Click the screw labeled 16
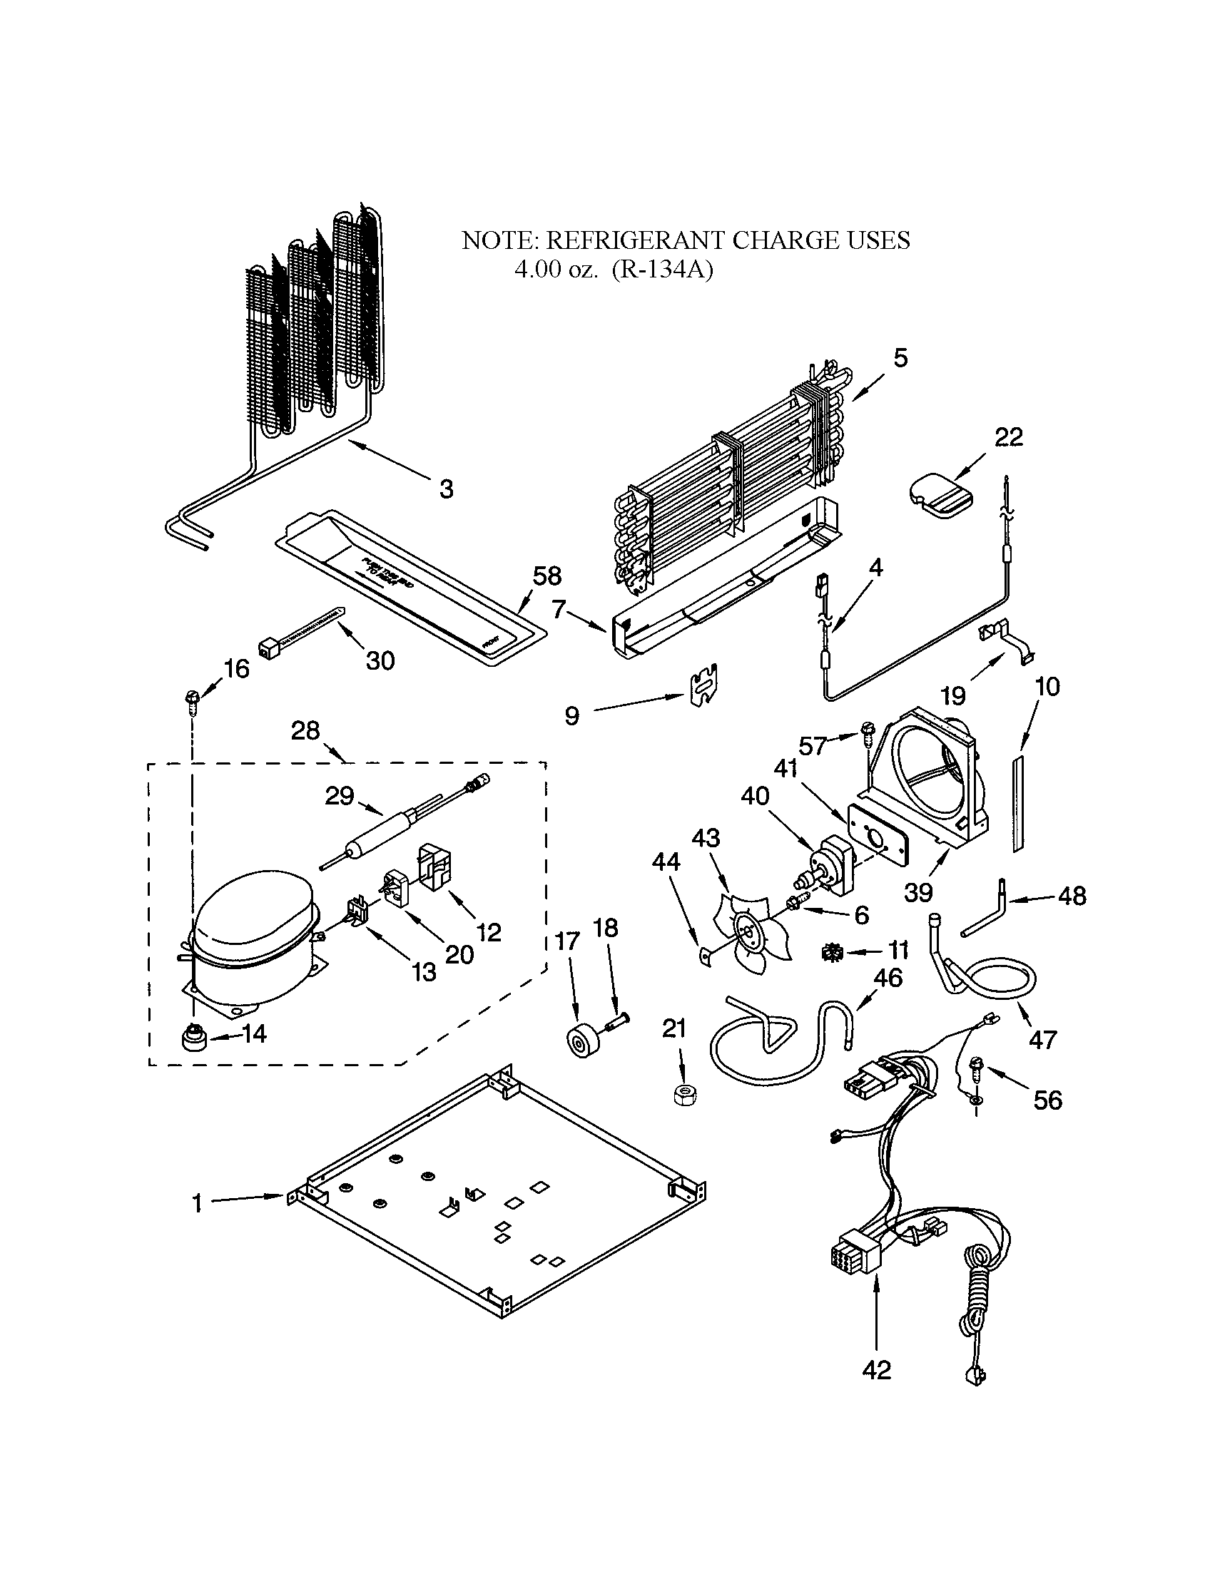click(x=192, y=699)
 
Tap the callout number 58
click(x=546, y=576)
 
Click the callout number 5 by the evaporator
click(x=900, y=358)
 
